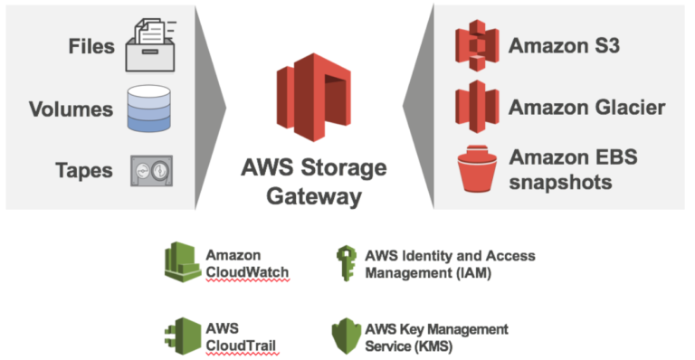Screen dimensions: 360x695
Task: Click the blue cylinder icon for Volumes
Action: tap(148, 109)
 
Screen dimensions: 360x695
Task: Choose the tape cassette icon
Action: tap(148, 170)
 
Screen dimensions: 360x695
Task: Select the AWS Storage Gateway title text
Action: tap(313, 182)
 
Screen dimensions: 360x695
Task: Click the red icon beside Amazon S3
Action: tap(477, 44)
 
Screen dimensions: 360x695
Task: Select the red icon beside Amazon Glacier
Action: tap(477, 108)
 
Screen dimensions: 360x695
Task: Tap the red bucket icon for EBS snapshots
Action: tap(477, 169)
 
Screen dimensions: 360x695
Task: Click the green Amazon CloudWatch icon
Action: tap(182, 261)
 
